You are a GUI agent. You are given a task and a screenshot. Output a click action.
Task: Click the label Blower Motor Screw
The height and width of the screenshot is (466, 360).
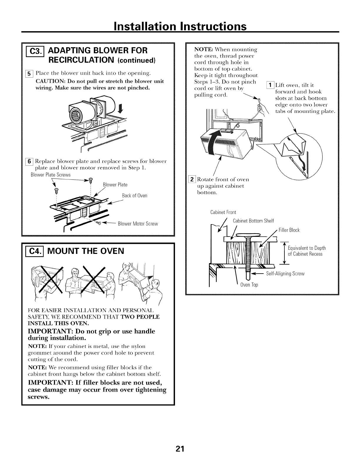(x=138, y=224)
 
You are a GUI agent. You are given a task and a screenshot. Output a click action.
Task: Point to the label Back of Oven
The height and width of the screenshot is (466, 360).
(x=134, y=196)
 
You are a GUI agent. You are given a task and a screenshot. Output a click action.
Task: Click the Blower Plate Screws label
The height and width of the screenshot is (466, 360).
(x=51, y=175)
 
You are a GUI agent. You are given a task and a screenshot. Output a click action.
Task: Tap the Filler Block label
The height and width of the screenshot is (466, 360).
(x=289, y=230)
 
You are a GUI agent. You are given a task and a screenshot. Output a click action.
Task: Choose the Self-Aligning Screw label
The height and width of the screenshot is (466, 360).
(x=285, y=274)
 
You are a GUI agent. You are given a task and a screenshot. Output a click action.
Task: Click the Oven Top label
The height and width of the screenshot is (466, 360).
(x=249, y=285)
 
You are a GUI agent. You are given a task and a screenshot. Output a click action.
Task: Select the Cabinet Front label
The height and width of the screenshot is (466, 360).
(x=223, y=212)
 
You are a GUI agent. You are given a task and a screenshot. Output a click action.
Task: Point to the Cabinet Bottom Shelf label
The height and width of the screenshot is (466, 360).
(x=253, y=221)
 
